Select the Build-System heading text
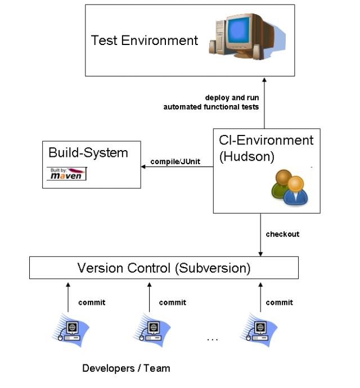click(88, 153)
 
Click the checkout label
click(282, 234)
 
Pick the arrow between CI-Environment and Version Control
click(260, 235)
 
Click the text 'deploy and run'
click(232, 97)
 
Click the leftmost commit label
click(92, 303)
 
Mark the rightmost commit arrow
click(260, 298)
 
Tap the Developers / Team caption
click(126, 369)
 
